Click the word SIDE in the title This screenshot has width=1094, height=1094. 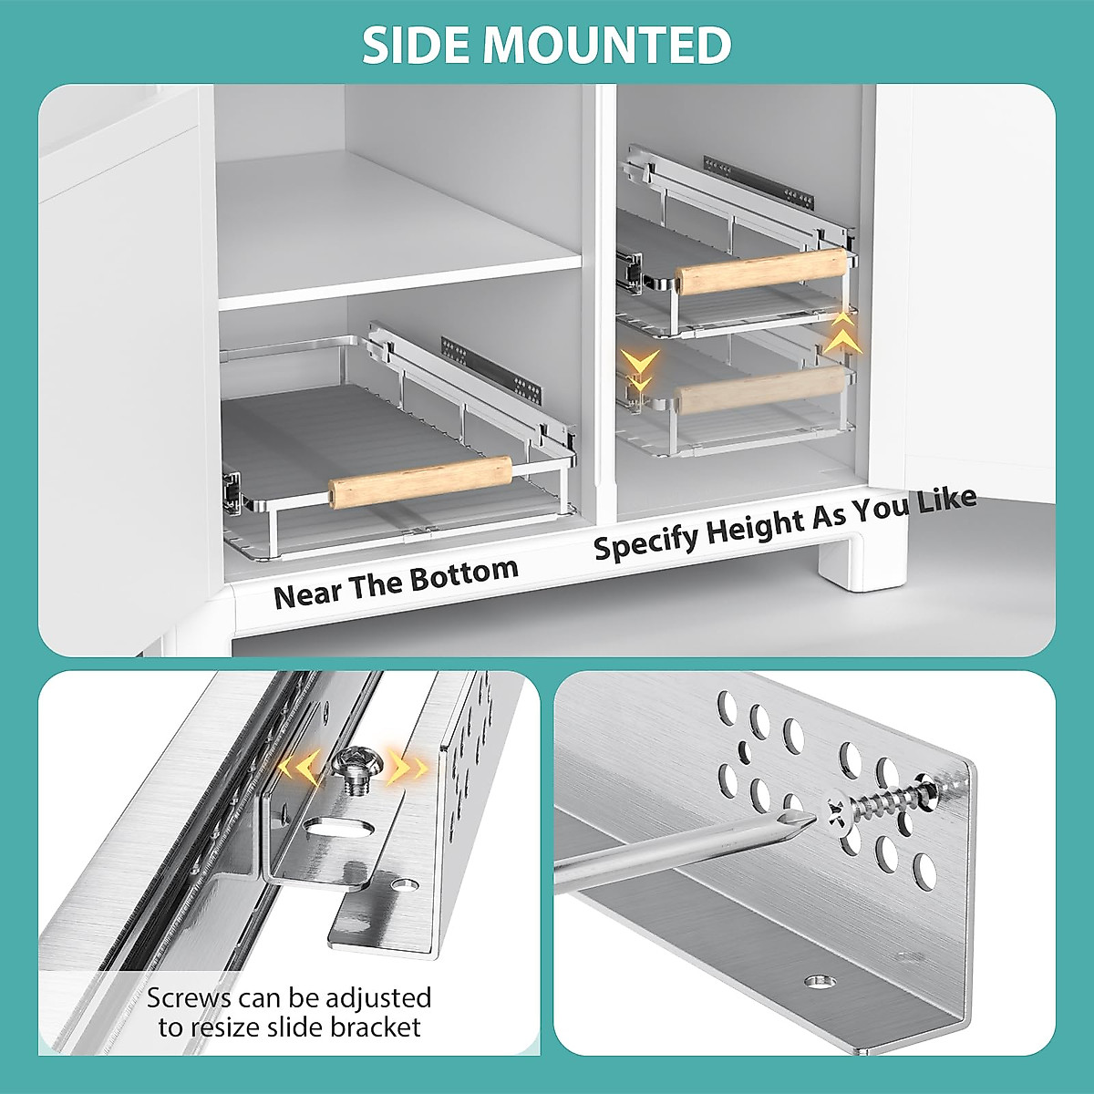click(x=416, y=45)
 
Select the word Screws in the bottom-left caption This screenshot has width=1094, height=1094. click(x=189, y=998)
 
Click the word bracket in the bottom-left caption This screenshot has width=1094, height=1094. click(x=377, y=1027)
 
